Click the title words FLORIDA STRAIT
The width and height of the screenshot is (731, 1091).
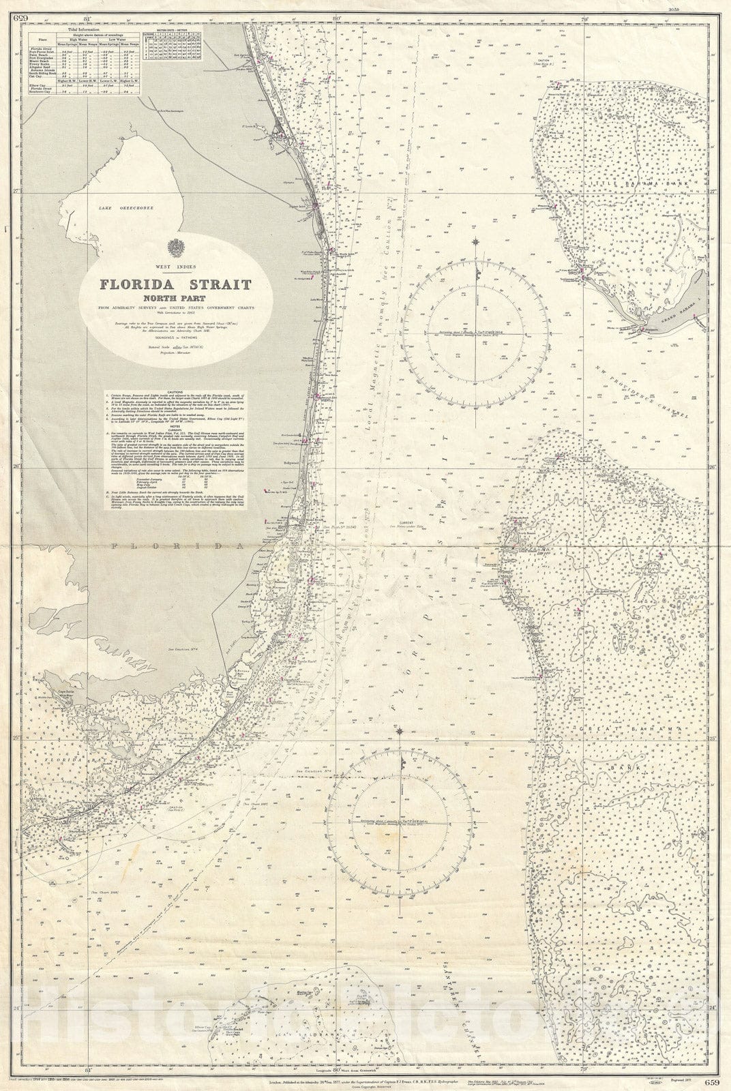coord(176,284)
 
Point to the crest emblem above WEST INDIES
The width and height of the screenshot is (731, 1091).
coord(176,247)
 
